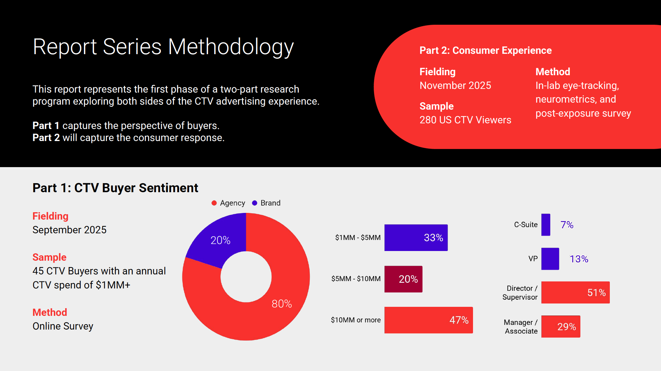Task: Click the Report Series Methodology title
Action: click(163, 47)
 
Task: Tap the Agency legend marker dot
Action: click(214, 203)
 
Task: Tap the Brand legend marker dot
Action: click(255, 203)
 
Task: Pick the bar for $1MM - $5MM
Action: click(416, 238)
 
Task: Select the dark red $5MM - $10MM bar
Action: click(403, 279)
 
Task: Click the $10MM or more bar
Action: click(429, 320)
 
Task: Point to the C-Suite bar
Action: click(546, 225)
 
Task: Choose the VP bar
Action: click(550, 259)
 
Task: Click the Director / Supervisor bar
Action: click(575, 292)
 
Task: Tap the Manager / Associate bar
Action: click(561, 327)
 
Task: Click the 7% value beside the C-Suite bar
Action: click(567, 225)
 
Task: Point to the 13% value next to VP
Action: click(579, 259)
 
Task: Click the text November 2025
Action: click(455, 86)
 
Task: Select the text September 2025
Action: click(70, 230)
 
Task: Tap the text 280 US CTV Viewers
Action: click(465, 120)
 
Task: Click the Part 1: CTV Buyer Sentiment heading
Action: click(115, 188)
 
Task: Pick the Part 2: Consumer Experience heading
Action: click(485, 50)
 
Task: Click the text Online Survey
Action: click(63, 326)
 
